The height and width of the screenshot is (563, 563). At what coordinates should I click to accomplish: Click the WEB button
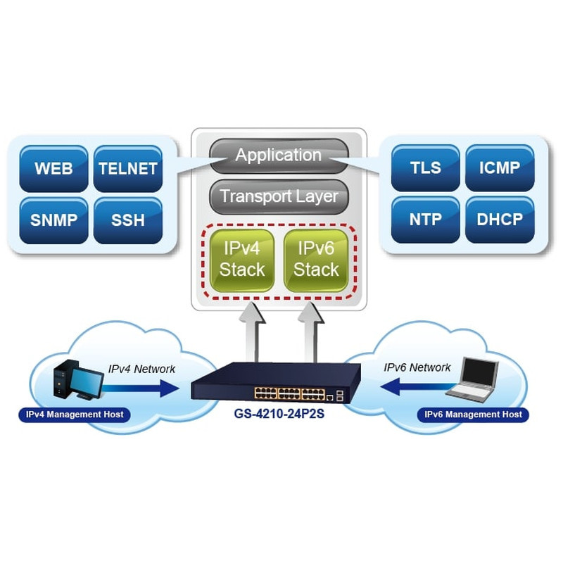pyautogui.click(x=54, y=169)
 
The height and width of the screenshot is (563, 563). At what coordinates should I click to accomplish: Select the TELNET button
pyautogui.click(x=127, y=169)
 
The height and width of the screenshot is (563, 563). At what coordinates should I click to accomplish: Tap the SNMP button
pyautogui.click(x=54, y=220)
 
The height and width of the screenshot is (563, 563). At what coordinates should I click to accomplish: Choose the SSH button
pyautogui.click(x=127, y=220)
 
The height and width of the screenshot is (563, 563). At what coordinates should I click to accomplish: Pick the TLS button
pyautogui.click(x=425, y=168)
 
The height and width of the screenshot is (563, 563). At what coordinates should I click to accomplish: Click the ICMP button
pyautogui.click(x=499, y=168)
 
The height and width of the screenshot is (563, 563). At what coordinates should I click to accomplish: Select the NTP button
pyautogui.click(x=425, y=219)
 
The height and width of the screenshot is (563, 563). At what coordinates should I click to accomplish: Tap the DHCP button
pyautogui.click(x=499, y=219)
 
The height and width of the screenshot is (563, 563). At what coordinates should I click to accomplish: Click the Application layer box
pyautogui.click(x=279, y=155)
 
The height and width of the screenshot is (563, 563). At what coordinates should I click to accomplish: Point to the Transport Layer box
pyautogui.click(x=279, y=196)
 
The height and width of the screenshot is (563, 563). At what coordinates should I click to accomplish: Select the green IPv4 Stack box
pyautogui.click(x=242, y=258)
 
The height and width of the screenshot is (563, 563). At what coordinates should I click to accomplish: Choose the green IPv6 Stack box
pyautogui.click(x=316, y=258)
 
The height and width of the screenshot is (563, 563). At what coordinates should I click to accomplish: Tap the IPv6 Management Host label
pyautogui.click(x=473, y=415)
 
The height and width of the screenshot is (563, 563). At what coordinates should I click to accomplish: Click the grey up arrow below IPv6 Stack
pyautogui.click(x=310, y=331)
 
